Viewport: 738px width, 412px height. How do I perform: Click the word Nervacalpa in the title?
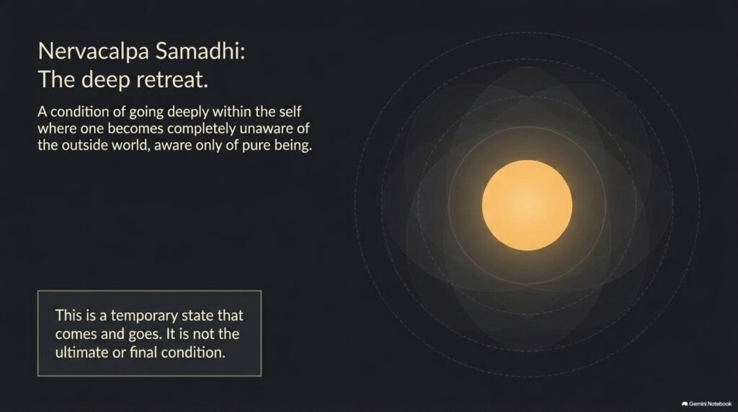tap(94, 51)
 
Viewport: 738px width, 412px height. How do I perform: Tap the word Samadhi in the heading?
tap(200, 50)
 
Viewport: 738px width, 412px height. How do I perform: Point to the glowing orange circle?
tap(527, 205)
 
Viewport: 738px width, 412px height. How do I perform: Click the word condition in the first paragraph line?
tap(89, 112)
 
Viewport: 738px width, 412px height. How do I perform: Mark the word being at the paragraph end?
tap(294, 145)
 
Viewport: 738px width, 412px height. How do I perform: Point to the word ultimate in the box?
tap(82, 352)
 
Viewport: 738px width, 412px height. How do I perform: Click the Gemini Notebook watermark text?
tap(710, 403)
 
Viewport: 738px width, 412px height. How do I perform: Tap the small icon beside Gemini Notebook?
tap(685, 404)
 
